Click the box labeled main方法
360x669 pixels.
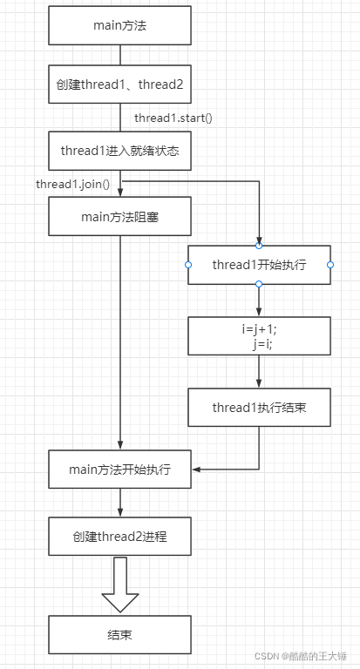[119, 25]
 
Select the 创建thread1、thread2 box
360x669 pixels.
[119, 84]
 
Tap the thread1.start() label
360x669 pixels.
[173, 118]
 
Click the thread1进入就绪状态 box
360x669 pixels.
[119, 150]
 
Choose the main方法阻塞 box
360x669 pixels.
[119, 217]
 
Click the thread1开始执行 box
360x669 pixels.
[259, 265]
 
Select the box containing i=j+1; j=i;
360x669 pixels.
[259, 336]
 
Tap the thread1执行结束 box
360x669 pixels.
[259, 407]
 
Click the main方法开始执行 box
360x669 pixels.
[119, 470]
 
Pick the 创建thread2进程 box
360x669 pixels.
[119, 537]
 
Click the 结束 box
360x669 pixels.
[119, 635]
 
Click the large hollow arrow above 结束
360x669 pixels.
[119, 586]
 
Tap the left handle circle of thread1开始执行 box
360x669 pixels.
[188, 265]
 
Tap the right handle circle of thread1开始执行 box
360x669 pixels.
[330, 265]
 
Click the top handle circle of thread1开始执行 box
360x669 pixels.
[259, 246]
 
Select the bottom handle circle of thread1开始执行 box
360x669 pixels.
[259, 284]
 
